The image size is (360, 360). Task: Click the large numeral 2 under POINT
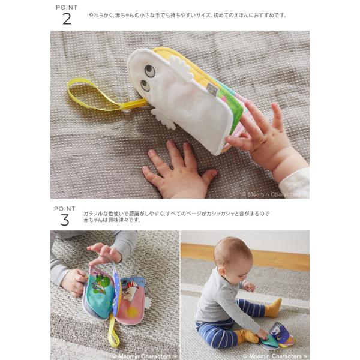pyautogui.click(x=67, y=19)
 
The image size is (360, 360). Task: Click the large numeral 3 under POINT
pyautogui.click(x=65, y=220)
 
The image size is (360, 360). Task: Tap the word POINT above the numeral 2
pyautogui.click(x=67, y=7)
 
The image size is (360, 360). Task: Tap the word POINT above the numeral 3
pyautogui.click(x=65, y=209)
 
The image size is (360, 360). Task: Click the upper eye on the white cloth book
pyautogui.click(x=150, y=70)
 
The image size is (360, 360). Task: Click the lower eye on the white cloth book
pyautogui.click(x=145, y=85)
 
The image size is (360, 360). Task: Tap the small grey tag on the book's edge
pyautogui.click(x=212, y=88)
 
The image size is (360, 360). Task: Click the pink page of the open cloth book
pyautogui.click(x=131, y=303)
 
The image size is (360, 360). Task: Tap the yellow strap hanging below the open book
pyautogui.click(x=113, y=331)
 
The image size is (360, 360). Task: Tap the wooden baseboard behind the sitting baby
pyautogui.click(x=245, y=257)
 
